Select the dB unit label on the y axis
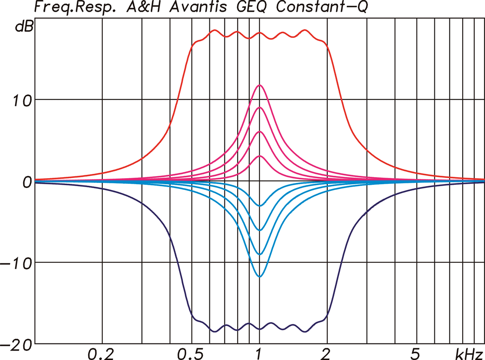click(24, 27)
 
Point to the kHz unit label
click(469, 353)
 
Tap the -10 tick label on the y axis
click(17, 263)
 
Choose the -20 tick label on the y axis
click(17, 344)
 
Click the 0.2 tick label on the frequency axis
click(101, 353)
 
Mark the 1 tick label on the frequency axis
click(259, 353)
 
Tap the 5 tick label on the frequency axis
click(415, 353)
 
